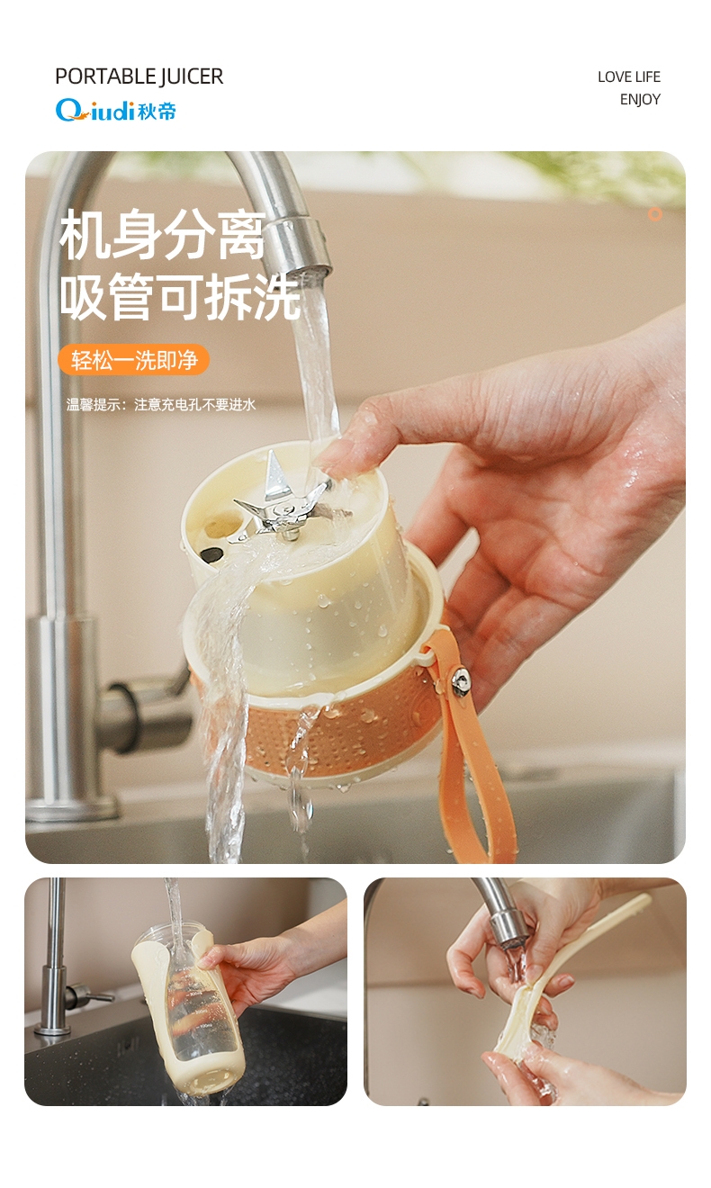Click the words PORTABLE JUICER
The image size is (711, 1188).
[x=139, y=76]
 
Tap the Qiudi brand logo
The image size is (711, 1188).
[x=115, y=111]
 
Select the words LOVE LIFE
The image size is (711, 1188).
[x=629, y=77]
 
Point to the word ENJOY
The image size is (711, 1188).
[x=640, y=100]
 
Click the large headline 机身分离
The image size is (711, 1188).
[x=162, y=234]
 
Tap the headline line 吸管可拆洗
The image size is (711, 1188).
[x=180, y=296]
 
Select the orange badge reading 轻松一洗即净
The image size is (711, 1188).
[x=133, y=360]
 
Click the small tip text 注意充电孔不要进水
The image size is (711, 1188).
[x=195, y=405]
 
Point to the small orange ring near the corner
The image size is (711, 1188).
[x=655, y=213]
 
